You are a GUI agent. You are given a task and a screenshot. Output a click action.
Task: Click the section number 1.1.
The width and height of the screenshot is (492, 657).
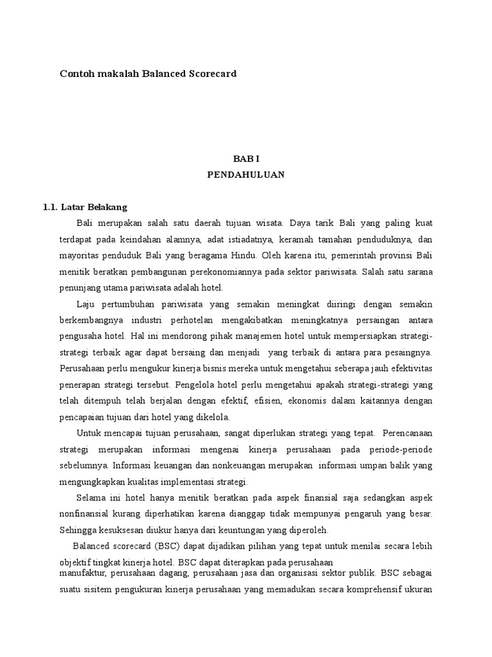pyautogui.click(x=51, y=207)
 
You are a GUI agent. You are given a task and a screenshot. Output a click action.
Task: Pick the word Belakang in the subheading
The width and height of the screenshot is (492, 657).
pyautogui.click(x=108, y=207)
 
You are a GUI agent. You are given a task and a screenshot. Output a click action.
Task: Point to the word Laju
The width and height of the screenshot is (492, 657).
pyautogui.click(x=85, y=303)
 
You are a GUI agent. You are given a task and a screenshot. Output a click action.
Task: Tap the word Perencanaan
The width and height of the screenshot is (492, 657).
pyautogui.click(x=406, y=433)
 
